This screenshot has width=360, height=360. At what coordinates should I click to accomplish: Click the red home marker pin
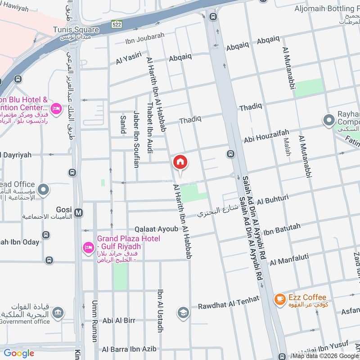[x=180, y=162]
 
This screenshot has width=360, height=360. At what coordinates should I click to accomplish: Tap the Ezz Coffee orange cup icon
[x=279, y=298]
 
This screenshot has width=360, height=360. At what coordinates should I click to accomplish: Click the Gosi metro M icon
[x=79, y=212]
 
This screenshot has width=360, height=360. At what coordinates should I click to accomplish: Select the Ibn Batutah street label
[x=282, y=229]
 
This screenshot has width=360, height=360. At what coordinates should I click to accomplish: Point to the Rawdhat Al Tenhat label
[x=229, y=303]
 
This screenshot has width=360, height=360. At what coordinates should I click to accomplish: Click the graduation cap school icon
[x=183, y=313]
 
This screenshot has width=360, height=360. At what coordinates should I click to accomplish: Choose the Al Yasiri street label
[x=128, y=58]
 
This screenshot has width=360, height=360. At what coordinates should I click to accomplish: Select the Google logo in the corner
[x=19, y=353]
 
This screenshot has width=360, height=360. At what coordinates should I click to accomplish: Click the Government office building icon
[x=57, y=313]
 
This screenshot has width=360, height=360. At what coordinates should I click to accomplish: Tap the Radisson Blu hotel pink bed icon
[x=56, y=108]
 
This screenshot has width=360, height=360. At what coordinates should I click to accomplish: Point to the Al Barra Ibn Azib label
[x=129, y=349]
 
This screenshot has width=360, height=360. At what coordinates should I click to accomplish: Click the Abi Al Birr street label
[x=119, y=321]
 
